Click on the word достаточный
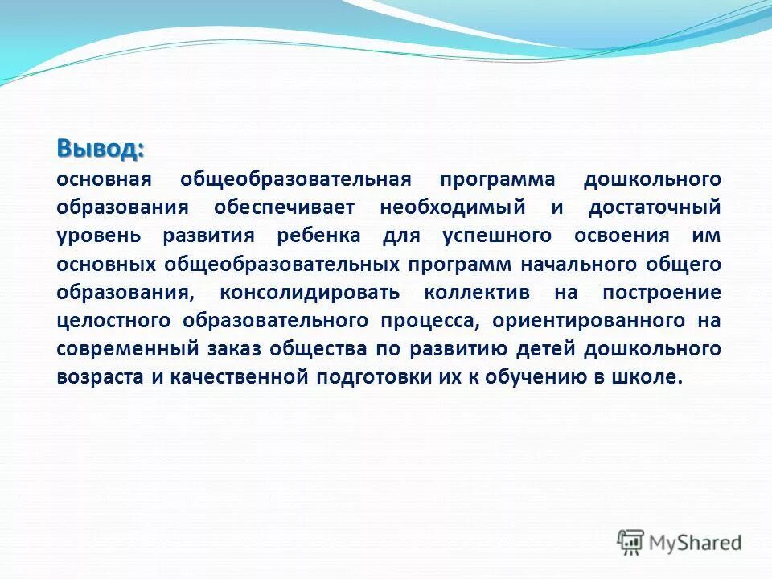pyautogui.click(x=655, y=207)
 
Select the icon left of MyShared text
pyautogui.click(x=631, y=543)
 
